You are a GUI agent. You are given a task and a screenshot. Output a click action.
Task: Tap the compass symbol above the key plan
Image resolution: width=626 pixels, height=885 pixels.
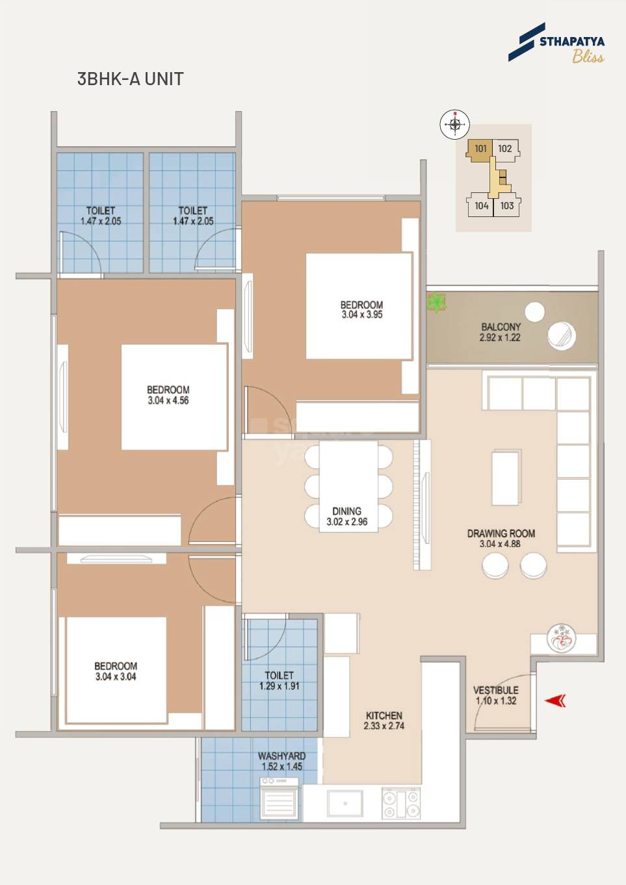(x=454, y=124)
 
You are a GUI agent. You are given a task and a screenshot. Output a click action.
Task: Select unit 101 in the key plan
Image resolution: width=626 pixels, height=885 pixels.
(x=480, y=149)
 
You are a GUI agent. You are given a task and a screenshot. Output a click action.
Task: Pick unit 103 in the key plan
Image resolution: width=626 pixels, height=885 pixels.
(x=507, y=206)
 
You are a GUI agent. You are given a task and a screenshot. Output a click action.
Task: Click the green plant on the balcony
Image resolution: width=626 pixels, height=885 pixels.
(x=436, y=302)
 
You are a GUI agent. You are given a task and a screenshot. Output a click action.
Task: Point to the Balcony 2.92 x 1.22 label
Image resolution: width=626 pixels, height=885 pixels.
(x=500, y=332)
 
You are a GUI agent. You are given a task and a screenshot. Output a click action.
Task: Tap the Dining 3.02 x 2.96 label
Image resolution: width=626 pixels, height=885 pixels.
(x=346, y=517)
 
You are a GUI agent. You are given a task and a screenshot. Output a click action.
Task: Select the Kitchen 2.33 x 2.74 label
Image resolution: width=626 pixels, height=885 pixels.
(x=384, y=721)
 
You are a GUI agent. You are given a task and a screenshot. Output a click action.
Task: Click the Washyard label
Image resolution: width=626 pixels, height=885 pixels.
(x=281, y=761)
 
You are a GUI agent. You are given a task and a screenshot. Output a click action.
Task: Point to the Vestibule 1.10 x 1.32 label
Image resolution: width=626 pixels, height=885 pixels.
(x=495, y=695)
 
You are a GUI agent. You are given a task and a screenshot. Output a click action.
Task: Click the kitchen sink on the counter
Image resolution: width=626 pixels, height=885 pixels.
(x=345, y=803)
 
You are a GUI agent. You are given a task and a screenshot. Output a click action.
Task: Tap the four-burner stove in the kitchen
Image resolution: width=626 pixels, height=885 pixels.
(x=400, y=803)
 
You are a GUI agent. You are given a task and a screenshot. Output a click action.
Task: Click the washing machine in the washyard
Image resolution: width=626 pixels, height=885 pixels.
(x=280, y=799)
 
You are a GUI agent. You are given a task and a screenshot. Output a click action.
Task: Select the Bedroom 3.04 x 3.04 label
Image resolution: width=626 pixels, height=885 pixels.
(x=116, y=671)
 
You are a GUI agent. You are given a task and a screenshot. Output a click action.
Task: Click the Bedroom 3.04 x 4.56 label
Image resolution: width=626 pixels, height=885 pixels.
(x=168, y=395)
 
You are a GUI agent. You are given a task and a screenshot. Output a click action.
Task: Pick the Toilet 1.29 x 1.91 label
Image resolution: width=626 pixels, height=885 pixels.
(x=279, y=680)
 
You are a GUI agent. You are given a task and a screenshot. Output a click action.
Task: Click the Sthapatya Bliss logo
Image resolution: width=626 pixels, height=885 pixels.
(x=556, y=44)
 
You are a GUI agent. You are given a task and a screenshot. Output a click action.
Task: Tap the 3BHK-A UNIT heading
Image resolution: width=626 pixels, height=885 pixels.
(x=130, y=79)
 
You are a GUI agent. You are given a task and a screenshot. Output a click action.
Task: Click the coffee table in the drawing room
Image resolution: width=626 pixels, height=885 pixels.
(x=505, y=478)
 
